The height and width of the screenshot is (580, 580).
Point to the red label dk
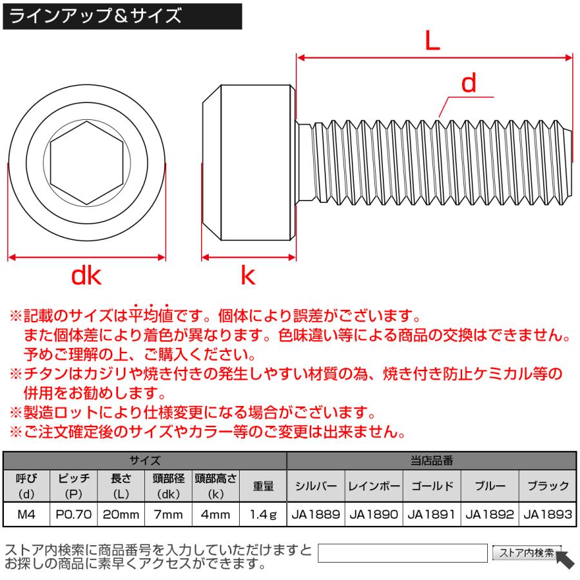[x=86, y=276]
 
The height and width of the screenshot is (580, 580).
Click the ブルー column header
[x=490, y=487]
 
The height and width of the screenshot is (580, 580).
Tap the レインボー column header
[x=374, y=487]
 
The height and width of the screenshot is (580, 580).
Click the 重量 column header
[x=263, y=487]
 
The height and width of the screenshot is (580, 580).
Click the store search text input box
[x=403, y=553]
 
